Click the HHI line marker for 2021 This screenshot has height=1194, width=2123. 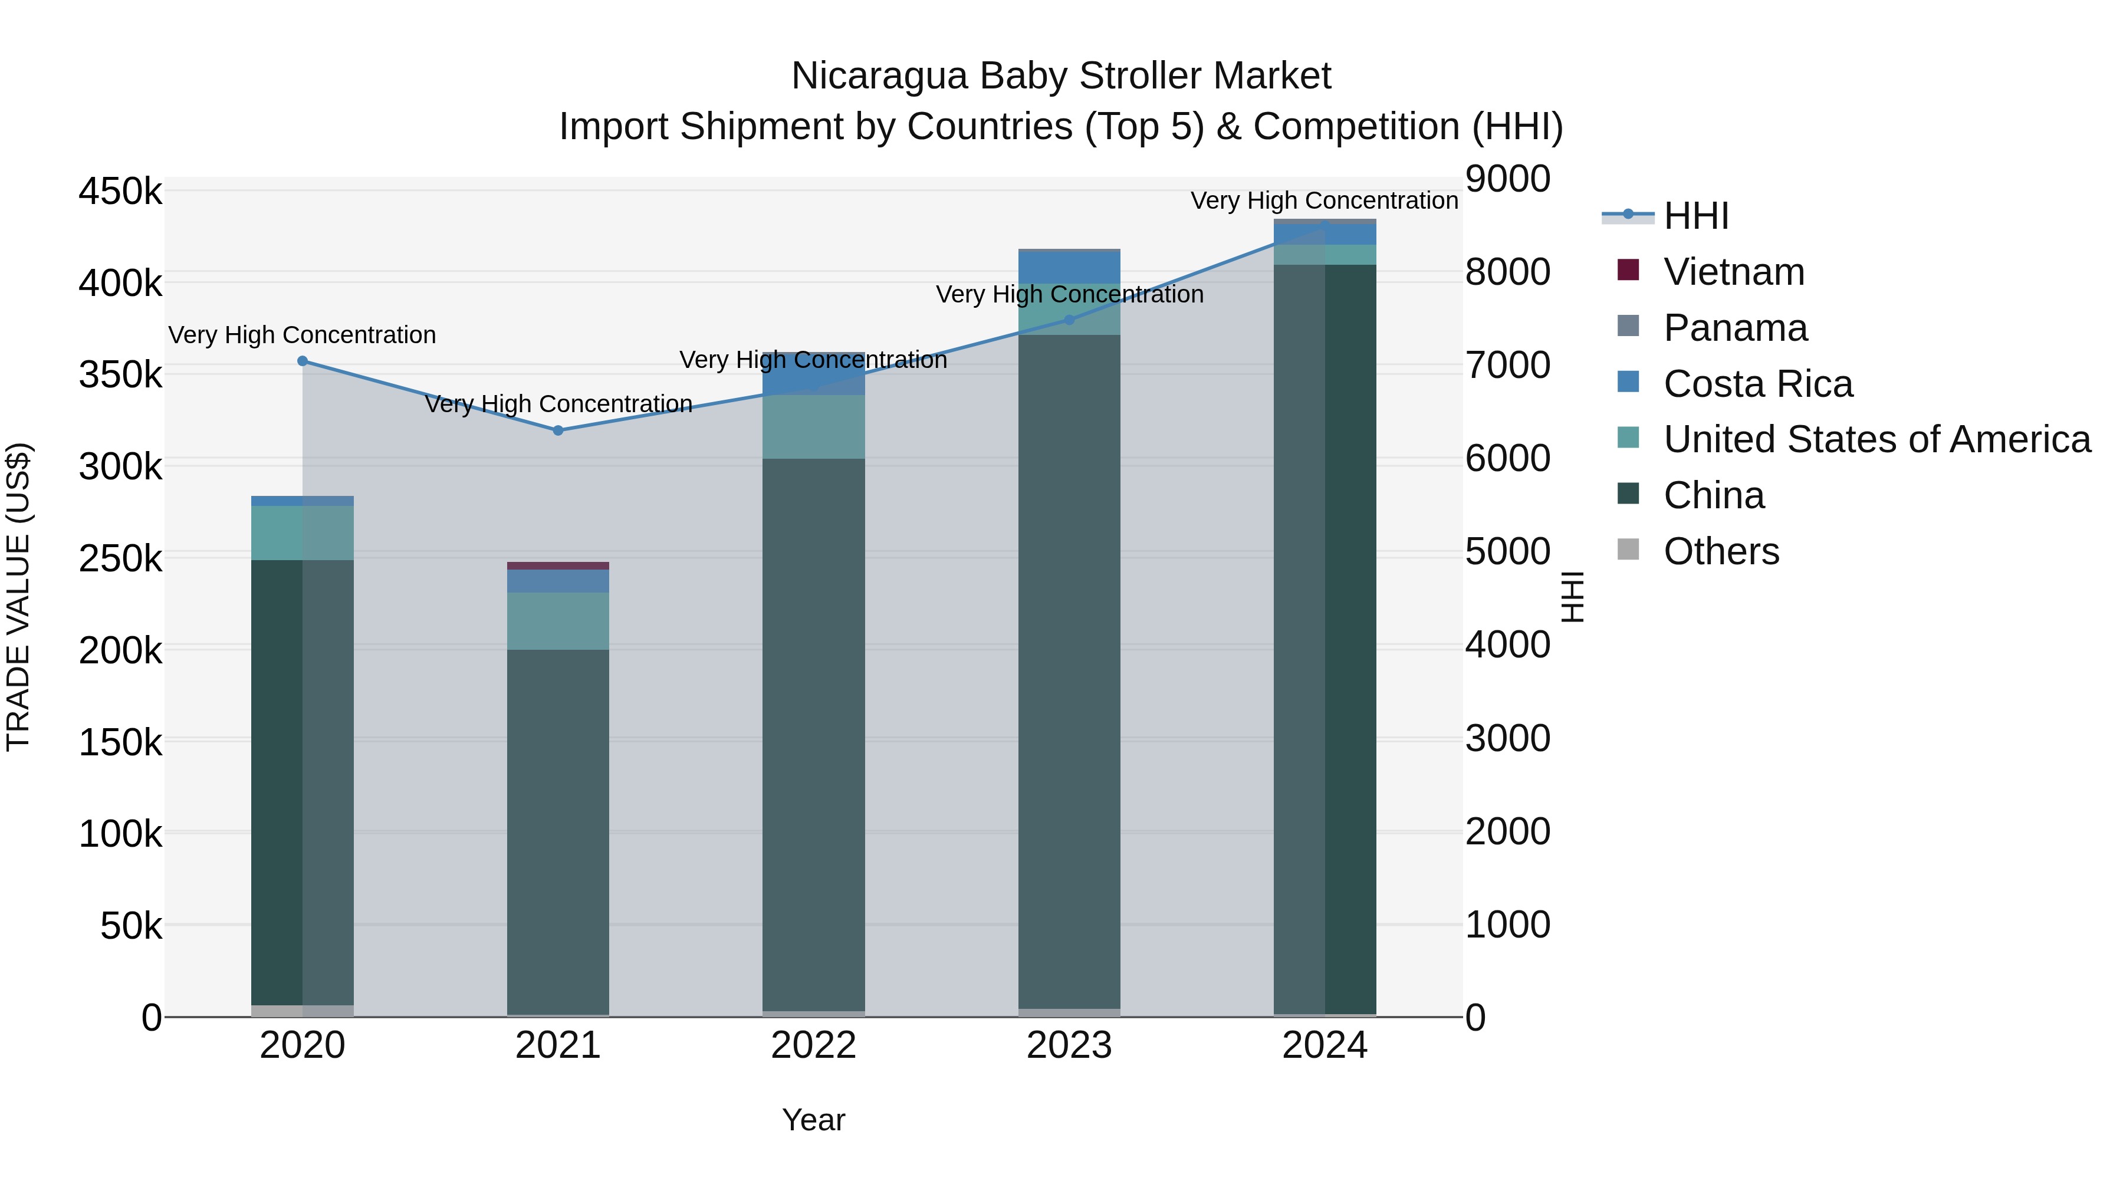pos(558,430)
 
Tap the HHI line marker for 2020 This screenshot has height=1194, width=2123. pos(303,361)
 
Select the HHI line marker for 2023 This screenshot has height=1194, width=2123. pos(1070,320)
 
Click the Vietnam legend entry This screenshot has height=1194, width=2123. pos(1733,272)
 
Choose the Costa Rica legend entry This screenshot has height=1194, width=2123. pos(1757,384)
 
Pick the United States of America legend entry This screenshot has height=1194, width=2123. pos(1876,439)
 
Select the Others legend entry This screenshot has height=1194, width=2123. pos(1721,551)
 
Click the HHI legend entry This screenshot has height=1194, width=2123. pos(1695,216)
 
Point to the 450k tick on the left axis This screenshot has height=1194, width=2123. pos(120,192)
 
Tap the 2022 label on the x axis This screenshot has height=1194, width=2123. pos(813,1045)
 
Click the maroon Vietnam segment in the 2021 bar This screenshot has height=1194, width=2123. pos(558,565)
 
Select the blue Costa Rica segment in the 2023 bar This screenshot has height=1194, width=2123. pos(1070,267)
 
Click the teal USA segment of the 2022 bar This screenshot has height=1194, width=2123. pos(813,427)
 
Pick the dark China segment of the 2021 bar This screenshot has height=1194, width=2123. pos(558,824)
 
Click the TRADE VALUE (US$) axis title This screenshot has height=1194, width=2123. pos(18,597)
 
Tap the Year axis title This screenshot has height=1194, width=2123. pos(813,1120)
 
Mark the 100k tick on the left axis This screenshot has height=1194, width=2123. pos(120,834)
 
